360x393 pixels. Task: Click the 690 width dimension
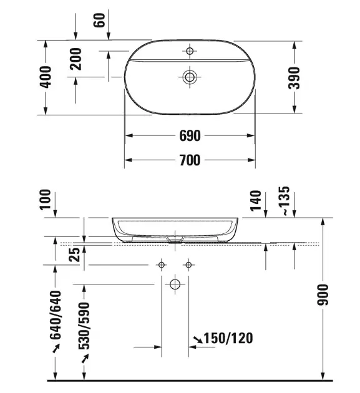[190, 135]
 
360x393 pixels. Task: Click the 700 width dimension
[190, 160]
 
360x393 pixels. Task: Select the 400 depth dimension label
[46, 77]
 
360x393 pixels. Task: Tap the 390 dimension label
[294, 78]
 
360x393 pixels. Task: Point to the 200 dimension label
[76, 59]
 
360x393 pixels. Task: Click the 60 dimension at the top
[99, 21]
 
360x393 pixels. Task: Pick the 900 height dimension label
[323, 295]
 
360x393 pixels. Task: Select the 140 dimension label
[256, 201]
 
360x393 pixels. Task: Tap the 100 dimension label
[45, 199]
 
